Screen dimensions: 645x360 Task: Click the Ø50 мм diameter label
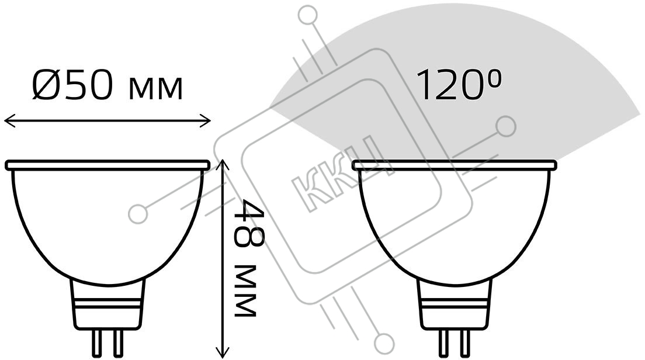[x=107, y=85]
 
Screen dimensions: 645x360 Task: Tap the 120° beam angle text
[x=459, y=85]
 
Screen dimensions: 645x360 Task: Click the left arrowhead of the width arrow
[x=9, y=121]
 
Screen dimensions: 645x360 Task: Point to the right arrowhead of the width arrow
[x=205, y=121]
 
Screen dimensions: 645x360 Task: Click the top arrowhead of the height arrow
[x=223, y=165]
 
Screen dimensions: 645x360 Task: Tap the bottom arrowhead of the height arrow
[x=223, y=352]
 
